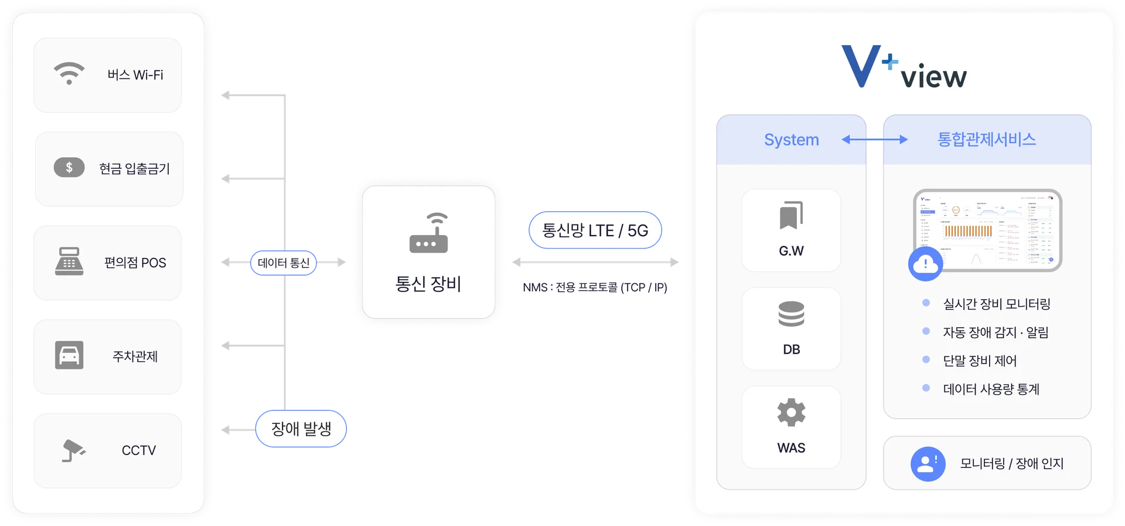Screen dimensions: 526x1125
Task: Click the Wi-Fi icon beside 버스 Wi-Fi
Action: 69,73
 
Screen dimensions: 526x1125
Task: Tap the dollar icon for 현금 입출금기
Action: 69,168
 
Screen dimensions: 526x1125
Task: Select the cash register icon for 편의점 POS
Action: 69,262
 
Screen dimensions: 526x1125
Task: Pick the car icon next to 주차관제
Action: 69,355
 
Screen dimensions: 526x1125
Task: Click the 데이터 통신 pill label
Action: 284,263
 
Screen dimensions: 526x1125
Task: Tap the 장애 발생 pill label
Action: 301,429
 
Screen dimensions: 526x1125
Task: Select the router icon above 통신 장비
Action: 428,233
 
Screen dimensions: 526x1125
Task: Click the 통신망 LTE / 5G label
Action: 595,230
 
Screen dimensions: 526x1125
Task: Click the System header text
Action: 791,140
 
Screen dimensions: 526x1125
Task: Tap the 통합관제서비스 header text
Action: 987,140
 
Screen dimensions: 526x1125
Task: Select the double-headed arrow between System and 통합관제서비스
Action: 874,140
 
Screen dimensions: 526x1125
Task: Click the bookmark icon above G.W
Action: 791,215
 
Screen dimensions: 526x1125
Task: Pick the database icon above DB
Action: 791,314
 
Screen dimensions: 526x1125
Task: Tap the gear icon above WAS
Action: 791,412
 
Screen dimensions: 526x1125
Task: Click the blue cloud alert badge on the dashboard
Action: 925,264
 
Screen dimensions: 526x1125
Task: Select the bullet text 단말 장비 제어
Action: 980,361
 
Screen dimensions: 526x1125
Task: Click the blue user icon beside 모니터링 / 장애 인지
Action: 928,464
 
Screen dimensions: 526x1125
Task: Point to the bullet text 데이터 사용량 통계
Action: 991,389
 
